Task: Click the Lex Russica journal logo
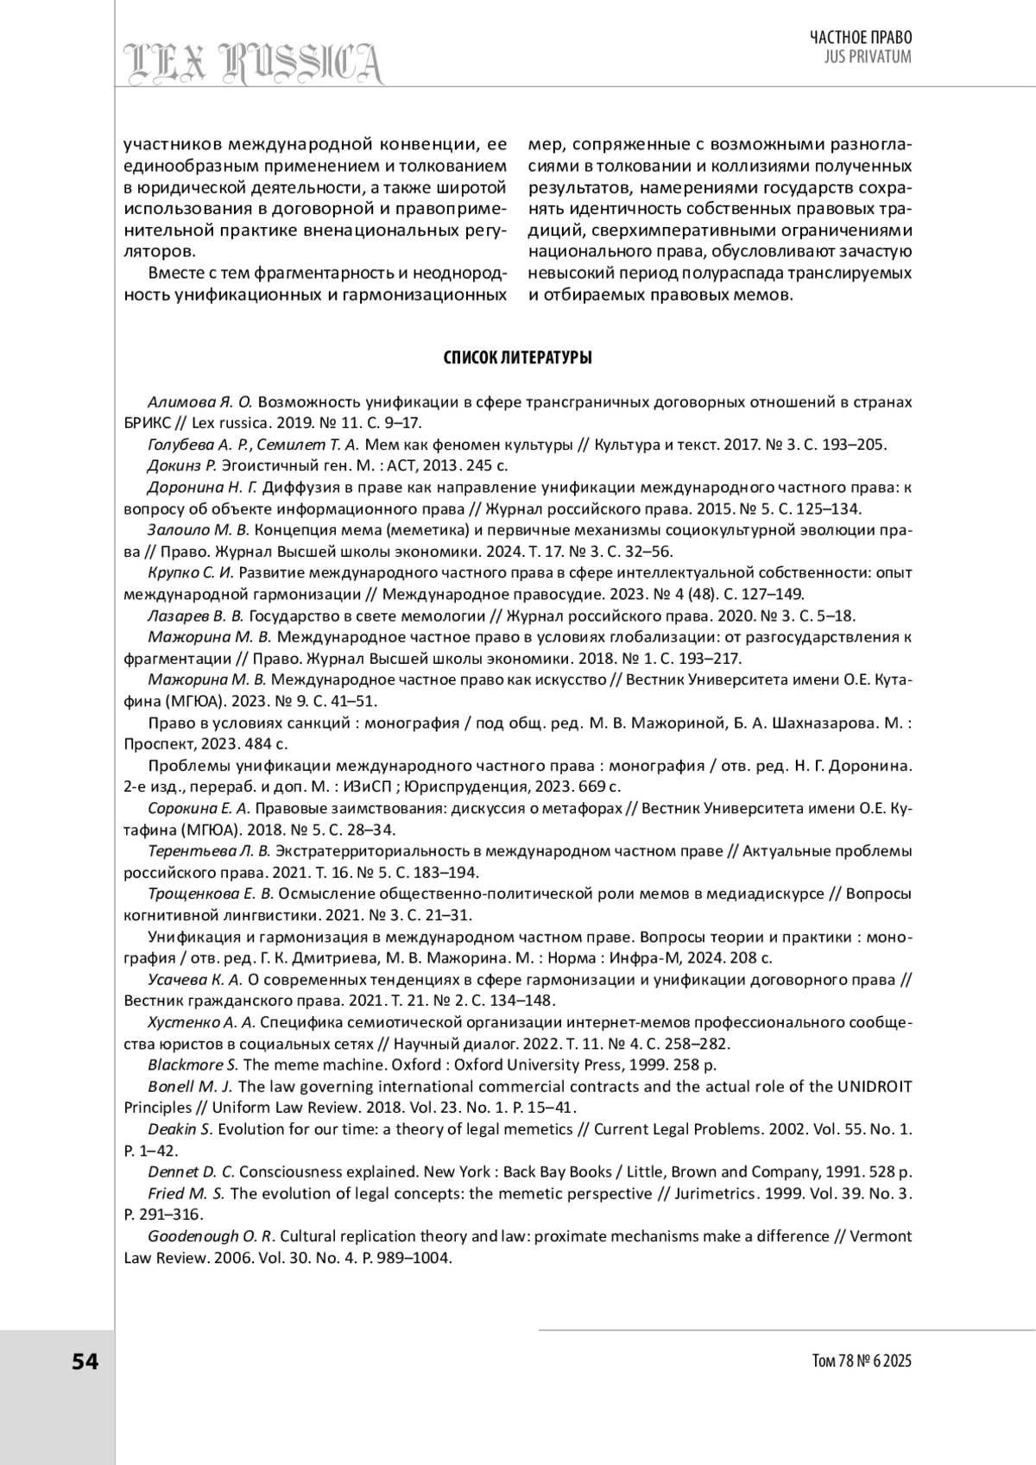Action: pos(253,63)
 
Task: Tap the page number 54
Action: pos(85,1361)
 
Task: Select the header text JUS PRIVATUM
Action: pos(869,57)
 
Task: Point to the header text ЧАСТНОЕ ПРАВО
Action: pos(861,37)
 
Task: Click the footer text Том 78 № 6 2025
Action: pos(862,1361)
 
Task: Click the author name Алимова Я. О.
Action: pos(199,402)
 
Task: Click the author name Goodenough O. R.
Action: pos(211,1235)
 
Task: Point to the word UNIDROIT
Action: pos(874,1086)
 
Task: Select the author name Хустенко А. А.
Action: pos(202,1022)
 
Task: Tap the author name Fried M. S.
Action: pos(186,1193)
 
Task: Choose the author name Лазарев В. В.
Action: pos(196,616)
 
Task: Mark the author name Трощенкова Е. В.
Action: pos(211,894)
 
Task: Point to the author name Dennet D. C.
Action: pos(191,1171)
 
